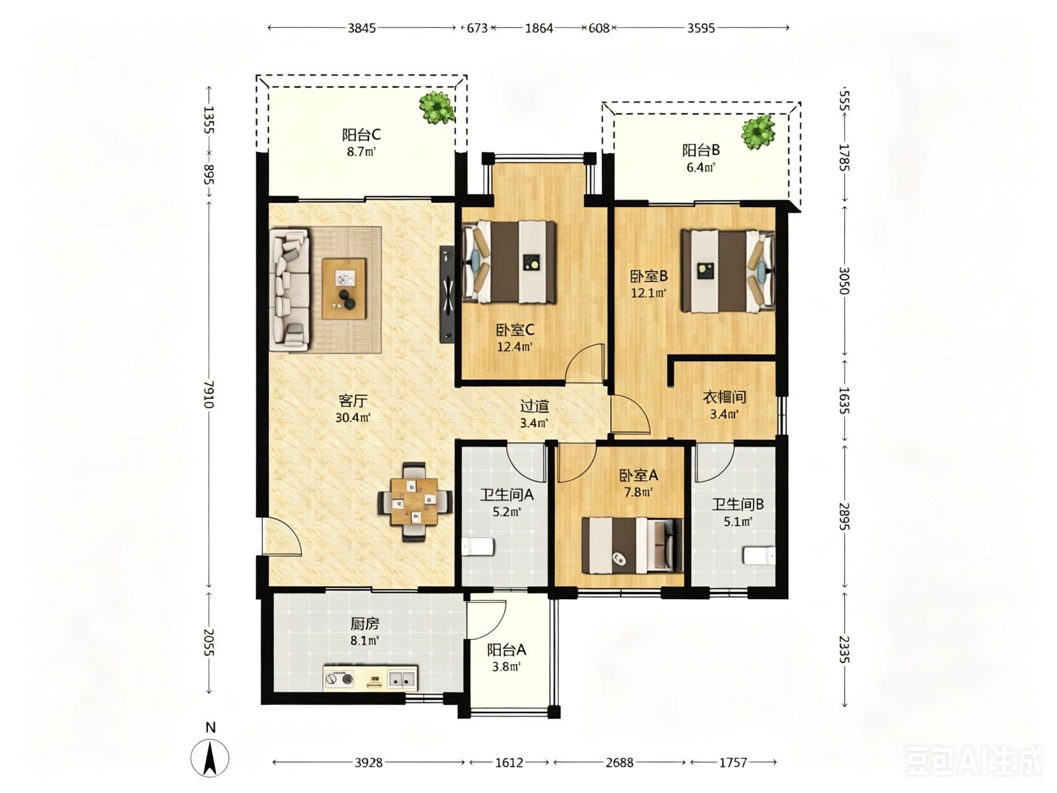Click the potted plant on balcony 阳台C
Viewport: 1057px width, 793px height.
pyautogui.click(x=437, y=108)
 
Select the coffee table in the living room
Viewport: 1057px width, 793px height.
pyautogui.click(x=344, y=289)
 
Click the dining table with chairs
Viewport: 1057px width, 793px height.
pyautogui.click(x=414, y=501)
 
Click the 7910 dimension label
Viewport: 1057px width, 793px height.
pyautogui.click(x=209, y=393)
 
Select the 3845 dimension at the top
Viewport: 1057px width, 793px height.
pyautogui.click(x=362, y=28)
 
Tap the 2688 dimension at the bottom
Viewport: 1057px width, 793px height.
pyautogui.click(x=619, y=762)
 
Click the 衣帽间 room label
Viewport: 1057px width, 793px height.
pyautogui.click(x=724, y=396)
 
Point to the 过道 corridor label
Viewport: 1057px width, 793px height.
pyautogui.click(x=534, y=406)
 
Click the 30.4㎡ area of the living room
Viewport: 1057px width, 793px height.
pyautogui.click(x=353, y=418)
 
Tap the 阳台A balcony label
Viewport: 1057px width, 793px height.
pyautogui.click(x=506, y=650)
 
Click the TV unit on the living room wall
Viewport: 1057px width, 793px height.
pyautogui.click(x=447, y=294)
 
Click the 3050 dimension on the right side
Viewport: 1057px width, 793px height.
pyautogui.click(x=842, y=280)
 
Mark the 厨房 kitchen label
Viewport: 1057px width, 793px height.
pyautogui.click(x=364, y=624)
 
